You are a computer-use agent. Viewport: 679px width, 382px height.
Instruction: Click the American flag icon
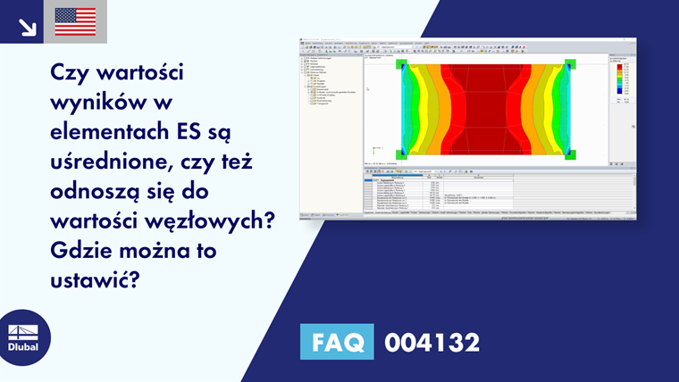pos(75,21)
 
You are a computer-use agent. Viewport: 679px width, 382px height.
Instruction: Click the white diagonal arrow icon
pos(27,24)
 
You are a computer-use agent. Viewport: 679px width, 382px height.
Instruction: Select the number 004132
pos(432,342)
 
